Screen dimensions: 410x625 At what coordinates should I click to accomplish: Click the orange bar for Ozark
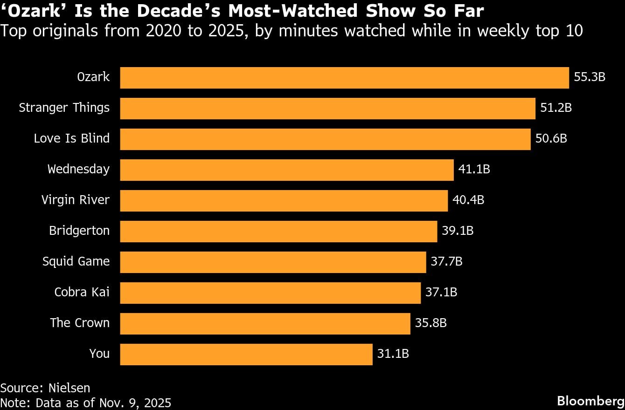[x=344, y=77]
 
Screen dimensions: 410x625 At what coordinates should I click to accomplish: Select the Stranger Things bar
[x=327, y=108]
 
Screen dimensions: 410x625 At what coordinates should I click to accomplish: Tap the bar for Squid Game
[x=273, y=262]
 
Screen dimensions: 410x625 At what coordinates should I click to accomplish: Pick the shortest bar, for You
[x=246, y=354]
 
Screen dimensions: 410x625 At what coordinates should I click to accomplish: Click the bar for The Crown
[x=265, y=323]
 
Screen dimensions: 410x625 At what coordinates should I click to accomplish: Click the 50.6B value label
[x=551, y=139]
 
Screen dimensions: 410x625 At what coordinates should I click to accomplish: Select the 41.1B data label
[x=474, y=170]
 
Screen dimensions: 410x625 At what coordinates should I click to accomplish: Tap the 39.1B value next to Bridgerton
[x=457, y=231]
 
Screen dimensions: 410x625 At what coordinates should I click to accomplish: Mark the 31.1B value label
[x=393, y=354]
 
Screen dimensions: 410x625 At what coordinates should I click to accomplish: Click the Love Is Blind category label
[x=72, y=139]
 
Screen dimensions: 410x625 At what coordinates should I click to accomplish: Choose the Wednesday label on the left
[x=78, y=170]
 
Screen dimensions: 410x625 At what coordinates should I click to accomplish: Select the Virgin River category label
[x=76, y=200]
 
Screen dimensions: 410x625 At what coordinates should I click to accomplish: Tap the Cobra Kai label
[x=82, y=293]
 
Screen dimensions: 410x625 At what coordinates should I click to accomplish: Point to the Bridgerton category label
[x=79, y=231]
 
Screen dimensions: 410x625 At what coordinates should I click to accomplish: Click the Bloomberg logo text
[x=590, y=400]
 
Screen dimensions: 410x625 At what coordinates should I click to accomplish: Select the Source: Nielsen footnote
[x=45, y=388]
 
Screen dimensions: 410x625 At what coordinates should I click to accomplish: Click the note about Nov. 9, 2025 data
[x=86, y=403]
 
